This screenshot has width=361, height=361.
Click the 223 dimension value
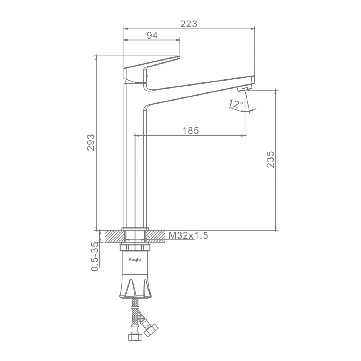point(189,24)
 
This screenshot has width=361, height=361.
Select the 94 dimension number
point(152,35)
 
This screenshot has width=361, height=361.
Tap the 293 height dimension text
point(91,142)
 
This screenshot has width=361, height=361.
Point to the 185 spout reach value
point(190,131)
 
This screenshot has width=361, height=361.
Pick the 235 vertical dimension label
point(270,159)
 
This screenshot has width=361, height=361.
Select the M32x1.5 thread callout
point(189,235)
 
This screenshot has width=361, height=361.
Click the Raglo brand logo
point(135,259)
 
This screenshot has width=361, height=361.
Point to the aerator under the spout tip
point(245,89)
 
